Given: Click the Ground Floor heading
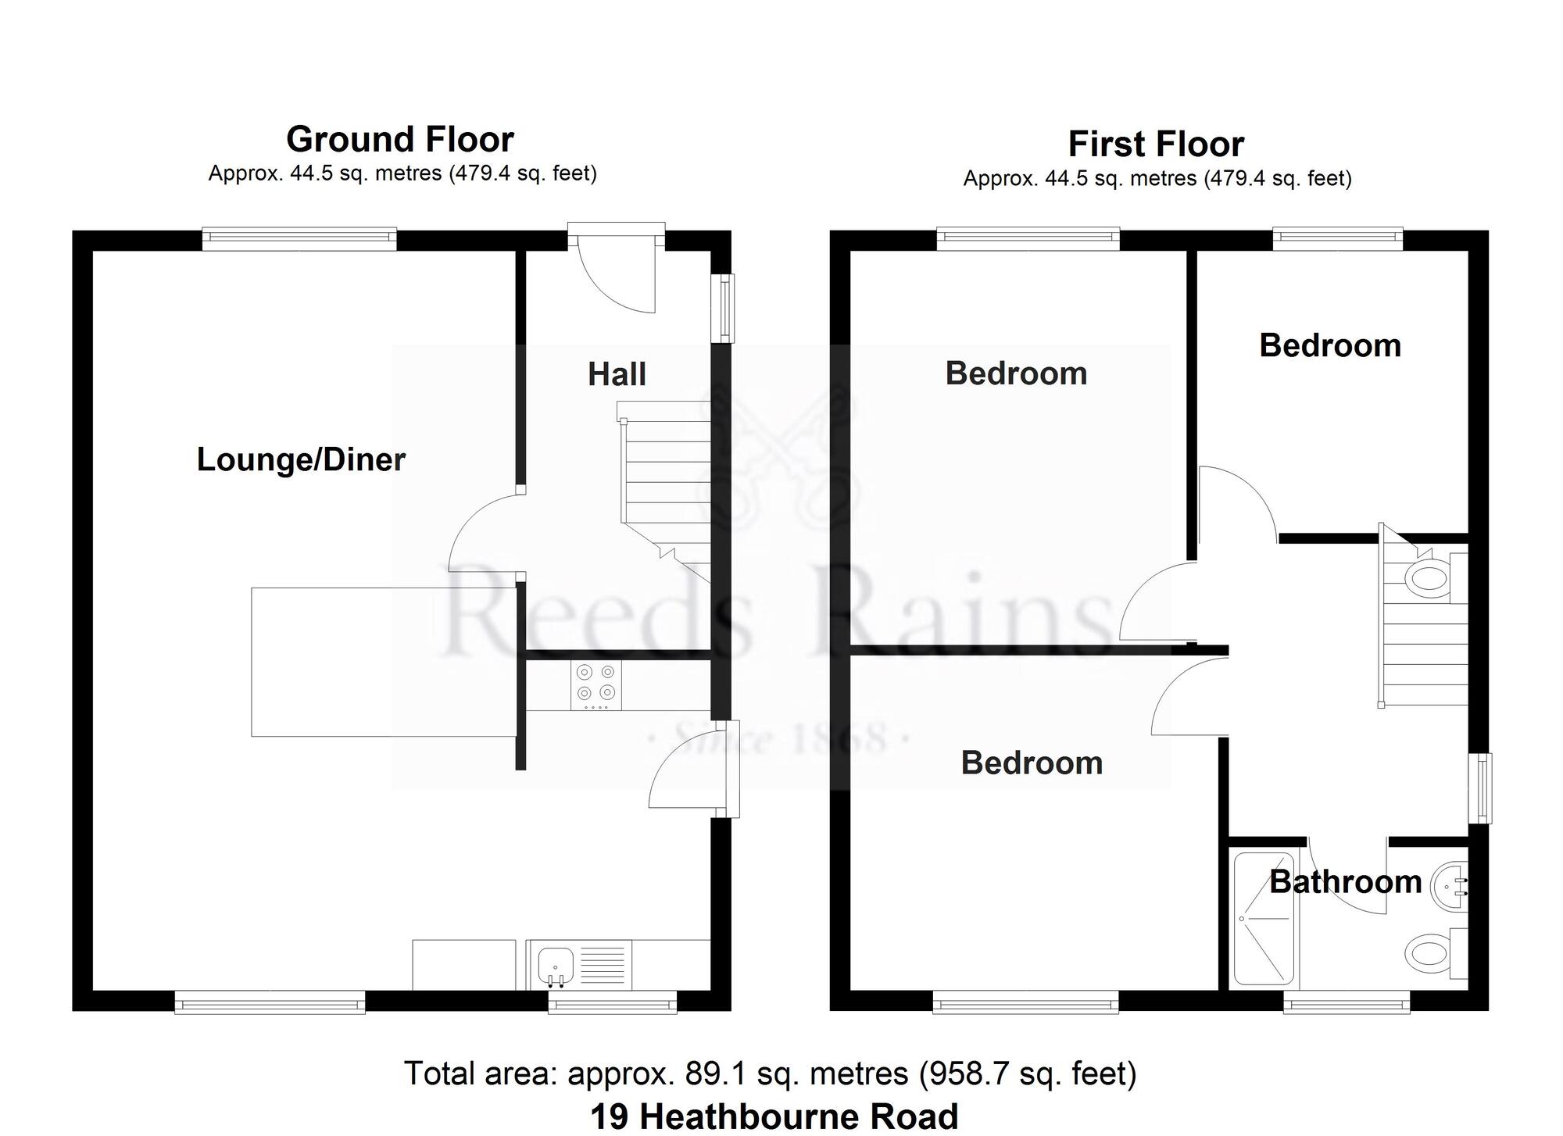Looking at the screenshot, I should tap(399, 140).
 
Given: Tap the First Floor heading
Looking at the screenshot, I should tap(1156, 145).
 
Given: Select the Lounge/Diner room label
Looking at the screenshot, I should tap(301, 459).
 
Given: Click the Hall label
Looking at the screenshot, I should tap(617, 374).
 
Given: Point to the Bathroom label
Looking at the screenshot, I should tap(1345, 882).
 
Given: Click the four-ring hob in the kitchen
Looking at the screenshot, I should tap(596, 685).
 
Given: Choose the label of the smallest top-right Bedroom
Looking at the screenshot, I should tap(1330, 345).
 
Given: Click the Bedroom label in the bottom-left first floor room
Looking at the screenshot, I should tap(1032, 763).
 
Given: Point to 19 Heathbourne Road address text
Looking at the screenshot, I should tap(774, 1116).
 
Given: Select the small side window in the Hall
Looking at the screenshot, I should tap(727, 307).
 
